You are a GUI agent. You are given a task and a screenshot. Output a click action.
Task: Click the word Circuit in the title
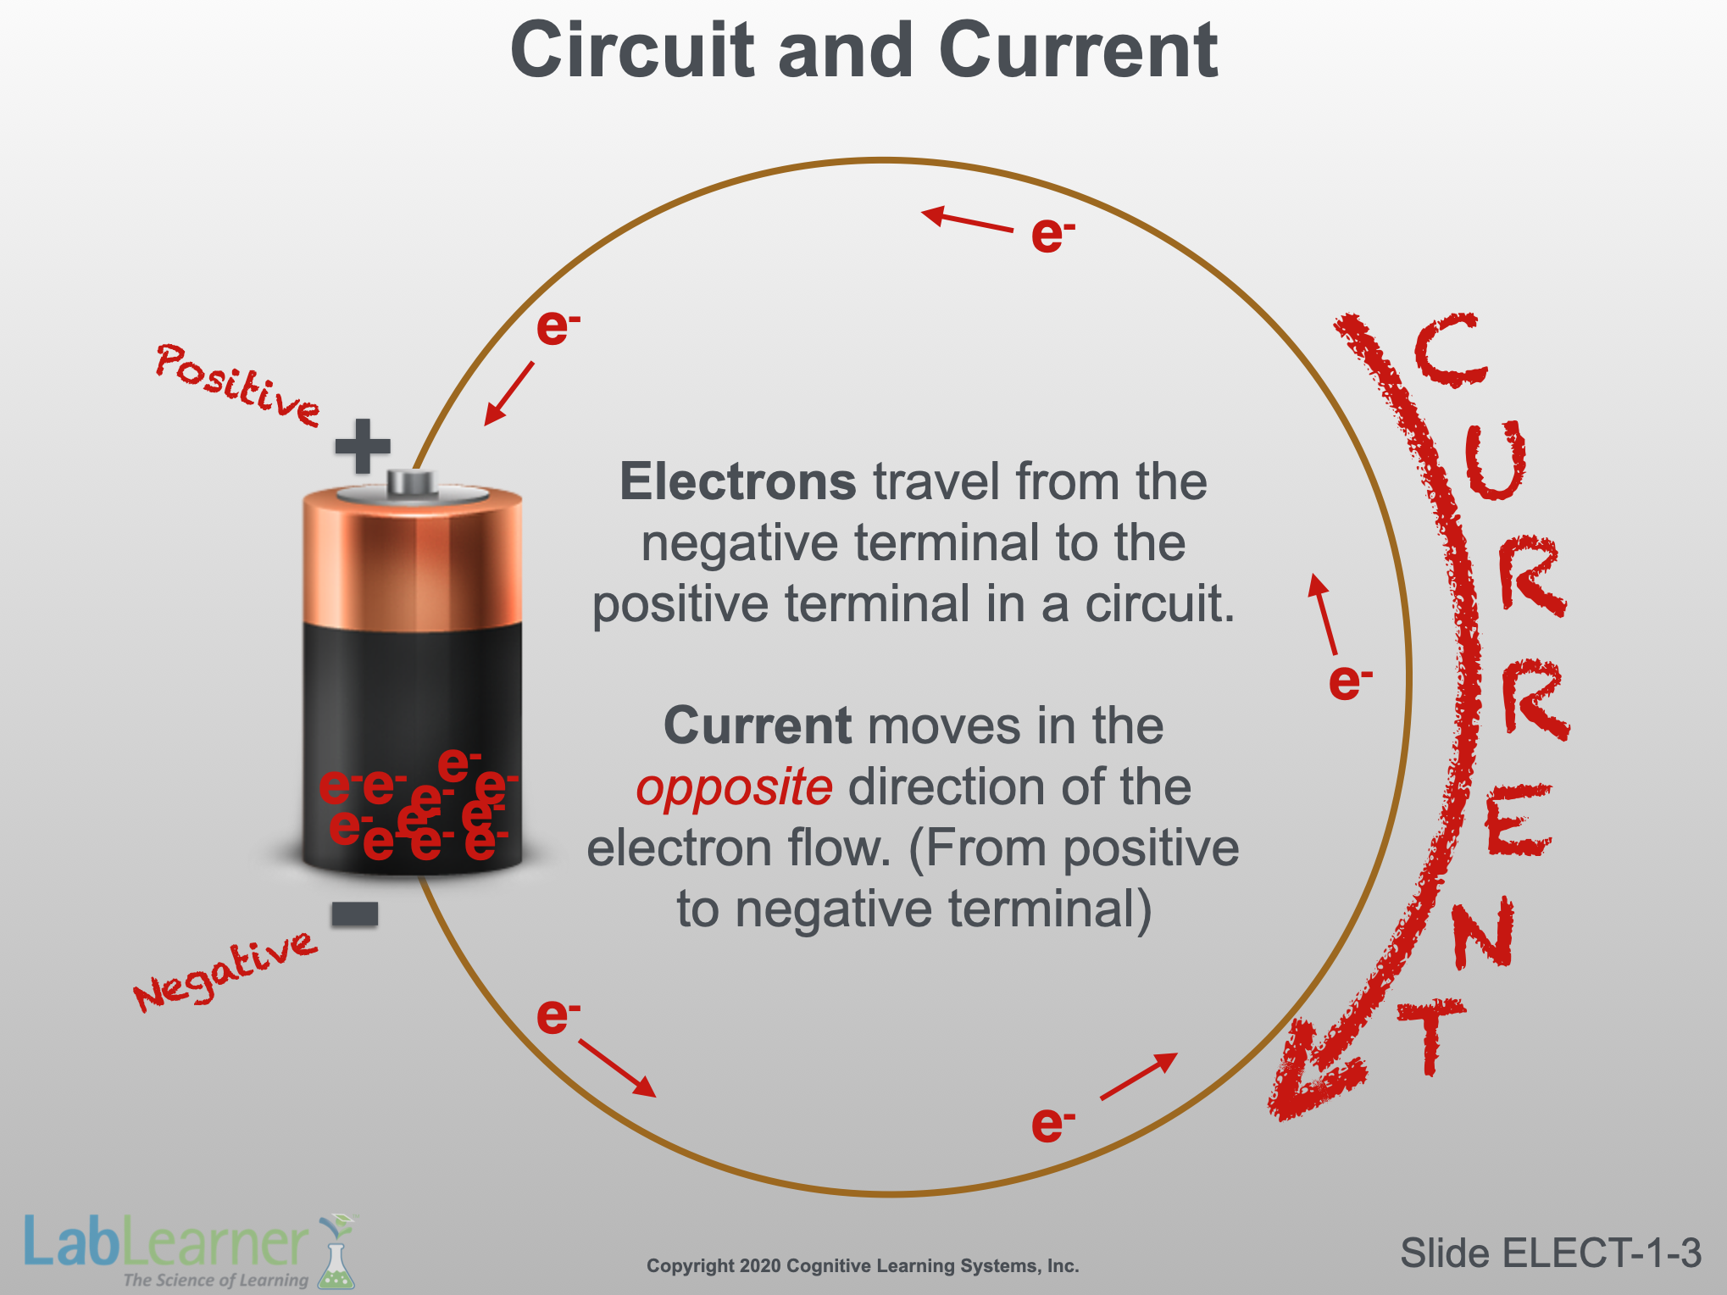click(x=632, y=51)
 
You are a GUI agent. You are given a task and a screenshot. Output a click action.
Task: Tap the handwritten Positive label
click(x=238, y=384)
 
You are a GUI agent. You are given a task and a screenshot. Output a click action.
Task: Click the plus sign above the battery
click(x=363, y=446)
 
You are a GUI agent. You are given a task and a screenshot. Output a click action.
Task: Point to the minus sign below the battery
click(x=355, y=914)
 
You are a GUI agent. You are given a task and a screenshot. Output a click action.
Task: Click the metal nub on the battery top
click(x=412, y=483)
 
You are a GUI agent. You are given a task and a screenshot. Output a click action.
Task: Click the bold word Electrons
click(x=738, y=481)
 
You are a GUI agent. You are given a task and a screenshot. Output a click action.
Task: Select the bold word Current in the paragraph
click(x=757, y=725)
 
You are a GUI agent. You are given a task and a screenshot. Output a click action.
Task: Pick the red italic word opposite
click(x=734, y=787)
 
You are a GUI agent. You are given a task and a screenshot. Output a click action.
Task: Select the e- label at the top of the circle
click(x=1053, y=235)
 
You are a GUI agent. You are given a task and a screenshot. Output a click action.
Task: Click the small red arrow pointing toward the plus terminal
click(x=509, y=393)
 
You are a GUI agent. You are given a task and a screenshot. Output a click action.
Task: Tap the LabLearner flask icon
click(x=336, y=1252)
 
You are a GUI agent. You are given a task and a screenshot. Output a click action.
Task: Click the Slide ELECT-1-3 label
click(x=1551, y=1253)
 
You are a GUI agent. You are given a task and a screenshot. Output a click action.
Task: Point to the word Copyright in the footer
click(x=691, y=1266)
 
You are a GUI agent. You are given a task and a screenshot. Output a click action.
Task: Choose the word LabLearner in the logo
click(x=166, y=1241)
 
